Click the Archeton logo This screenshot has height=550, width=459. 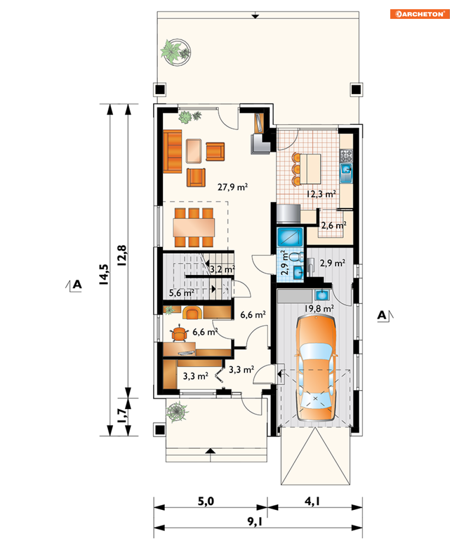click(x=420, y=14)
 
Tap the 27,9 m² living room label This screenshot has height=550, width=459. click(x=232, y=187)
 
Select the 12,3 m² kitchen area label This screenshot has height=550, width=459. click(x=322, y=193)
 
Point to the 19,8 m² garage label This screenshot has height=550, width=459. click(x=319, y=308)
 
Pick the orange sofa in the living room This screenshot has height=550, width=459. click(x=173, y=151)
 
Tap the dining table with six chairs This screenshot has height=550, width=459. click(x=193, y=227)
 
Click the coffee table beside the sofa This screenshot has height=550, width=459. click(x=193, y=151)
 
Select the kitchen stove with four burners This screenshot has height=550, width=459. click(x=346, y=155)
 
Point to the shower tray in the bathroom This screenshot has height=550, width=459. click(x=290, y=237)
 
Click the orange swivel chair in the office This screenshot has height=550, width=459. click(x=179, y=334)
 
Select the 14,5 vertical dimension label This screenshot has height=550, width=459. click(x=104, y=274)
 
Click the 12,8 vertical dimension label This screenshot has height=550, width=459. click(x=121, y=255)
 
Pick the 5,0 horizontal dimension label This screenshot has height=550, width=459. click(x=206, y=501)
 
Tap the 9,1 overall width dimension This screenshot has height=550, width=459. click(x=255, y=521)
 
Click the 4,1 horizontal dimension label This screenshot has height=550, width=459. click(x=312, y=501)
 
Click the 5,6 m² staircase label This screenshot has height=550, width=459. click(x=182, y=293)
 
